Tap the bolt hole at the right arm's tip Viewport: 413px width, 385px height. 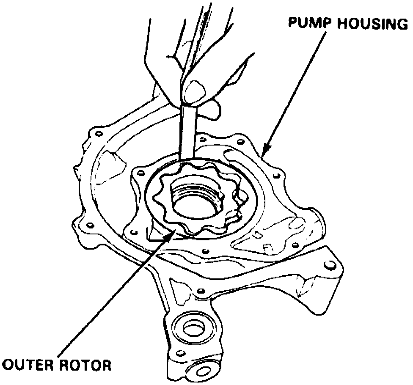(x=329, y=265)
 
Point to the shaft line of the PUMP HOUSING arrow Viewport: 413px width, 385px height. (x=296, y=89)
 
